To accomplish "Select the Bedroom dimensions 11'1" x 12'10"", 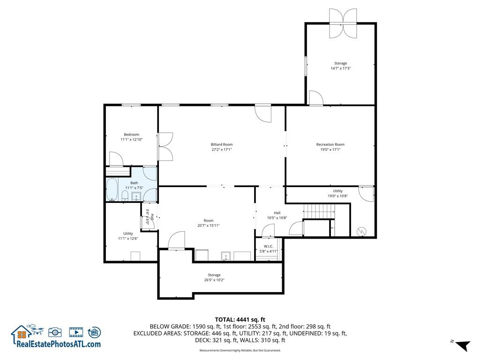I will pos(131,140).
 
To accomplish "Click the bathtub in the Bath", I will pos(112,189).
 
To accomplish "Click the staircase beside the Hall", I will pos(319,212).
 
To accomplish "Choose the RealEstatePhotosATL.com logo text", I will pos(59,344).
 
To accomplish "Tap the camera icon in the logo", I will pos(55,332).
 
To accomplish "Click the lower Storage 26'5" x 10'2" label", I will pos(214,277).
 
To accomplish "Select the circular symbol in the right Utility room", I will pos(362,231).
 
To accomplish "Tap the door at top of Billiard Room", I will pos(263,113).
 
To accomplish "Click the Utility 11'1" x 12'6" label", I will pos(128,236).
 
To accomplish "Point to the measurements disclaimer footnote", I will pos(240,351).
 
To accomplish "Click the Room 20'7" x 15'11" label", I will pos(208,223).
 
